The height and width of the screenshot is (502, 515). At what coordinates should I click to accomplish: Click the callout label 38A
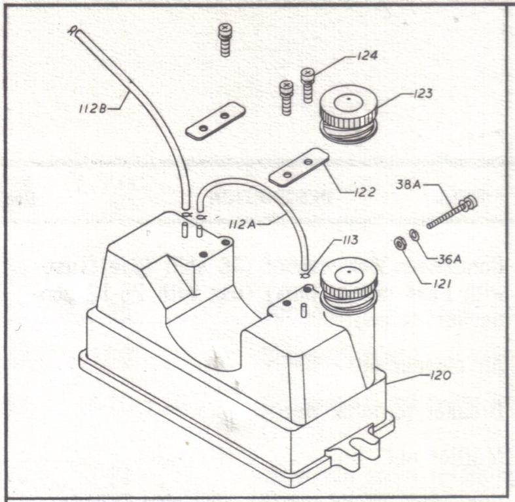[410, 185]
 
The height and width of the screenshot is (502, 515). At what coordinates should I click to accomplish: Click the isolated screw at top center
[225, 39]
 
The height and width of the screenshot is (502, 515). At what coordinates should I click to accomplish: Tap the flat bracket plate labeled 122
[298, 167]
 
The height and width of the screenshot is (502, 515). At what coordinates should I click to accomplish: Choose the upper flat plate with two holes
[215, 121]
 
